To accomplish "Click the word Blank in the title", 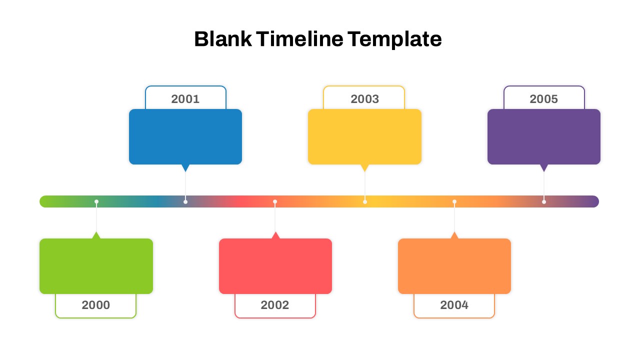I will coord(222,39).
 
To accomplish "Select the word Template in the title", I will coord(394,39).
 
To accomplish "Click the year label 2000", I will coord(96,305).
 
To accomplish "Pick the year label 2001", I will coord(185,99).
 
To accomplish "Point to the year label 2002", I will coord(275,305).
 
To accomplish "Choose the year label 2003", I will coord(364,99).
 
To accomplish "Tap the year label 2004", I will coord(454,305).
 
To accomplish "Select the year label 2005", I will coord(544,99).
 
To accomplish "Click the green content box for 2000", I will coord(96,266).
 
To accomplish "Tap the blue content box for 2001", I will coord(185,136).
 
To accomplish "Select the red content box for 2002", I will coord(275,266).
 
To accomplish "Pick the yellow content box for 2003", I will coord(364,136).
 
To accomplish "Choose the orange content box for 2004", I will coord(454,266).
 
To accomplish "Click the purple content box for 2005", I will coord(544,136).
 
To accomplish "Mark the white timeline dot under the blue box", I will coord(185,201).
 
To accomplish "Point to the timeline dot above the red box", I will coord(275,201).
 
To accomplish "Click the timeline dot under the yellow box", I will coord(365,201).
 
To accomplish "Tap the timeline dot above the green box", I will coord(96,201).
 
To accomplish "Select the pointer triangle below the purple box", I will coord(544,167).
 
